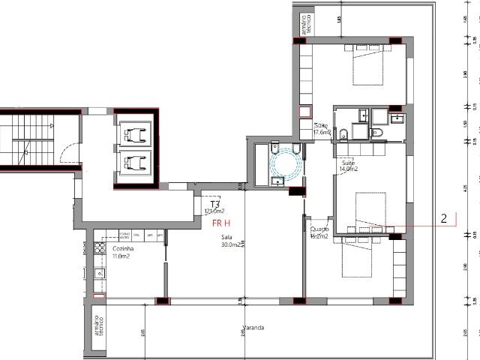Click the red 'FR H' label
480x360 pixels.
coord(220,223)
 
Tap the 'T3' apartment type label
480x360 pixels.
coord(214,204)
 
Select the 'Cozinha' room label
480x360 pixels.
coord(123,248)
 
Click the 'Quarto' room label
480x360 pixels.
coord(319,229)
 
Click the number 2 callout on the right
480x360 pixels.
coord(444,219)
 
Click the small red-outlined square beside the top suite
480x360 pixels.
coord(304,112)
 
